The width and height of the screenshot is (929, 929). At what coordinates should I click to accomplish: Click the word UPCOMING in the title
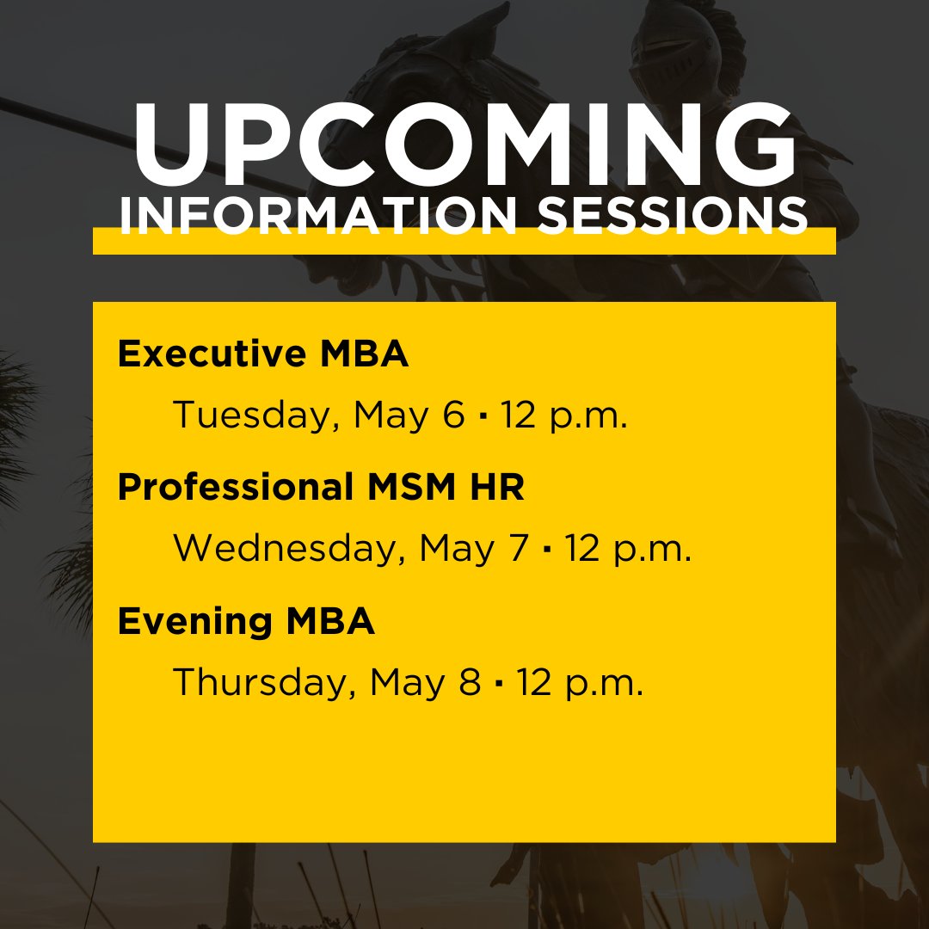(464, 146)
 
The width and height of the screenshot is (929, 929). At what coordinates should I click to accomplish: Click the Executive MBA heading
(263, 354)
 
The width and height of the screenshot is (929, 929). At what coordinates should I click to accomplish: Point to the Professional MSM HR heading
(321, 488)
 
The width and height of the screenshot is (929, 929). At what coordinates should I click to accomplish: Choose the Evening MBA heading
(246, 621)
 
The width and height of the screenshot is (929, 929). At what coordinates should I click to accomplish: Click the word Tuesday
(249, 415)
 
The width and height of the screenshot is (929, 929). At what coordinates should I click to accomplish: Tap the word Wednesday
(289, 549)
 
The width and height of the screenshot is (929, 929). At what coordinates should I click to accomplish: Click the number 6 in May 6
(453, 415)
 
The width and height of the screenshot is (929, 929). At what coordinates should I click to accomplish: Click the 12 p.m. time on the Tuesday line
(565, 416)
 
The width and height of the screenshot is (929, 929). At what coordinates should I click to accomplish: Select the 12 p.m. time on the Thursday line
(580, 683)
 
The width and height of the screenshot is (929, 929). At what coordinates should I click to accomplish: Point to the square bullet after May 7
(546, 551)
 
